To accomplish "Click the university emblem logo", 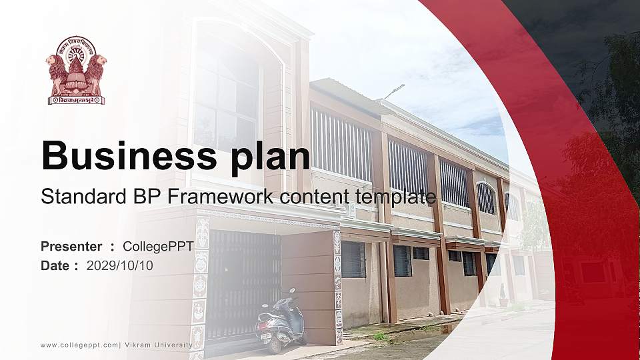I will pyautogui.click(x=76, y=71).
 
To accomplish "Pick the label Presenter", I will pyautogui.click(x=71, y=246).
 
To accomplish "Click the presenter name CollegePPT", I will pyautogui.click(x=158, y=246).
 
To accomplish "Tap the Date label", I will pyautogui.click(x=55, y=265).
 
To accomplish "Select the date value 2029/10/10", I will pyautogui.click(x=120, y=265).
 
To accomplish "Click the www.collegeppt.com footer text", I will pyautogui.click(x=79, y=345).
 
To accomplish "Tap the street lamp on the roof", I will pyautogui.click(x=395, y=90).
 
